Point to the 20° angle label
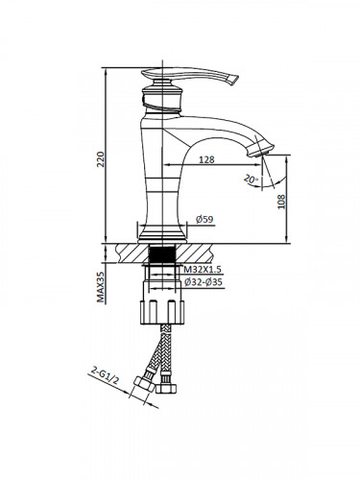(x=251, y=179)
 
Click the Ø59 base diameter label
(x=204, y=219)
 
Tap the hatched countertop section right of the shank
(x=206, y=252)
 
